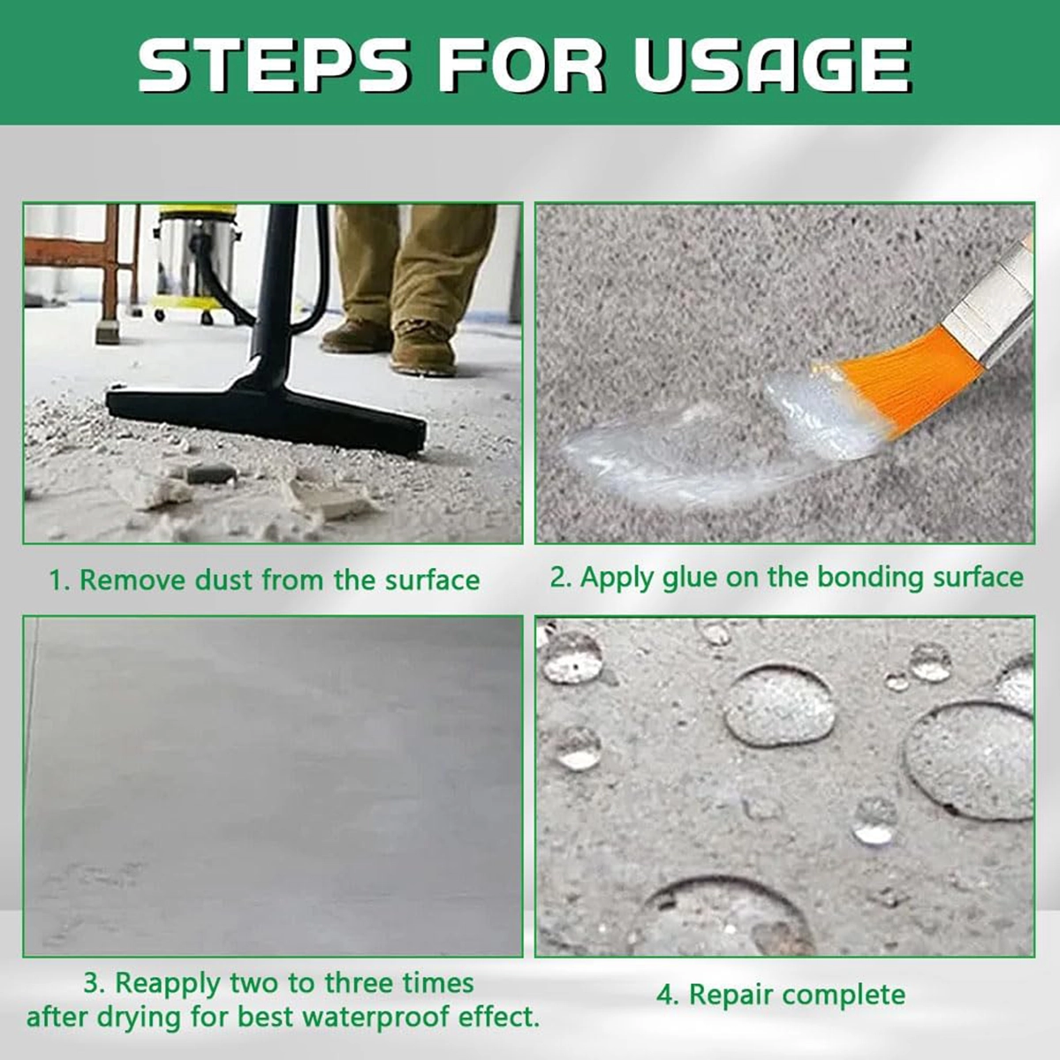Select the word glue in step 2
click(x=689, y=578)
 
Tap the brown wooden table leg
click(x=110, y=275)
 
